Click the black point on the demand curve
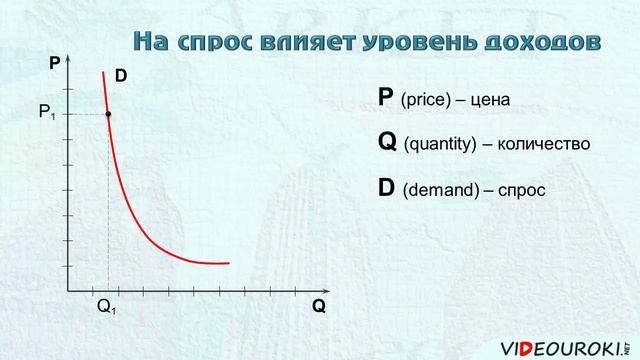click(x=108, y=115)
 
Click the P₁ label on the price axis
click(x=47, y=114)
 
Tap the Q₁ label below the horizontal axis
click(x=107, y=308)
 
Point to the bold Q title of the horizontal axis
click(x=319, y=307)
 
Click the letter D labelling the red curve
click(x=121, y=76)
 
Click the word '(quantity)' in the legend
click(x=439, y=145)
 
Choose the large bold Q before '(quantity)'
click(x=388, y=142)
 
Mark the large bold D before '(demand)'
click(x=387, y=187)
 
